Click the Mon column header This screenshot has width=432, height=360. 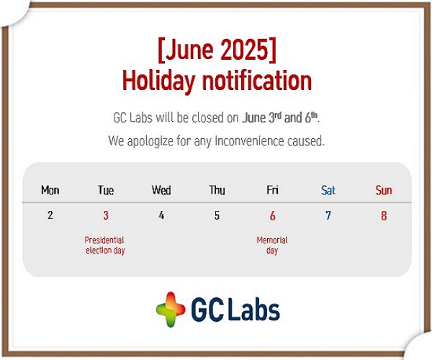[x=50, y=190]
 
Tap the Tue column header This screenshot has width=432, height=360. [x=106, y=190]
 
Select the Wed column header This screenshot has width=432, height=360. [x=161, y=190]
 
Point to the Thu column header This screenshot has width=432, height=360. [x=217, y=190]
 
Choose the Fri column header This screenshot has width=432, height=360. [x=272, y=190]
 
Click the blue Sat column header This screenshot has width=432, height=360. [x=328, y=190]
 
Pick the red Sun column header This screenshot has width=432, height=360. [x=384, y=190]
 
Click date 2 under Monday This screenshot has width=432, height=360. [x=50, y=215]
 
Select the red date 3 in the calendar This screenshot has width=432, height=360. [x=106, y=215]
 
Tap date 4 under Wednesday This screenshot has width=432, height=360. [x=161, y=215]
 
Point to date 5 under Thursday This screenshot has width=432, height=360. [x=217, y=215]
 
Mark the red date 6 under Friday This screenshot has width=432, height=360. [x=272, y=216]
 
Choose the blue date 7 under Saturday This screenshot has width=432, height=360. [x=328, y=215]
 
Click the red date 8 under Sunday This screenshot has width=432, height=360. [x=384, y=216]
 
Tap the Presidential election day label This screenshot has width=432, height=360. [x=105, y=245]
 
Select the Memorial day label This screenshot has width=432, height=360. [x=272, y=245]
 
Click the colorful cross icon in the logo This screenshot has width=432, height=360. [x=171, y=310]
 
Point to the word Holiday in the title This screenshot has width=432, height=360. [x=158, y=81]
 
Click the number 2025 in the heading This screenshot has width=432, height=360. [x=244, y=50]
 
